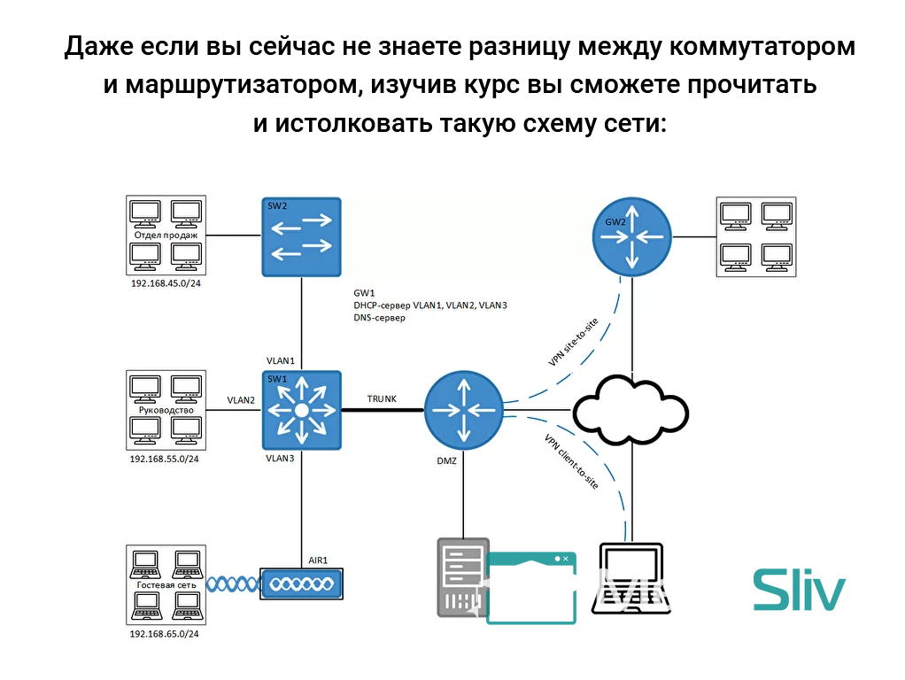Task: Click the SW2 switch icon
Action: point(301,236)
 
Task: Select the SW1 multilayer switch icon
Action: point(301,410)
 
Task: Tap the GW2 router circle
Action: point(631,236)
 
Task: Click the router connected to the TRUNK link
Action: point(463,410)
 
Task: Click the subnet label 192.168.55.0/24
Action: point(165,459)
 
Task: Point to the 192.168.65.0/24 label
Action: point(165,634)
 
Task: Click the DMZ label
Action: point(446,461)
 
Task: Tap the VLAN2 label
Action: point(240,400)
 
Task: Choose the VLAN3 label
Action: point(280,459)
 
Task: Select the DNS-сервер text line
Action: point(379,317)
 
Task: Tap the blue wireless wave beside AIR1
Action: point(233,583)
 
